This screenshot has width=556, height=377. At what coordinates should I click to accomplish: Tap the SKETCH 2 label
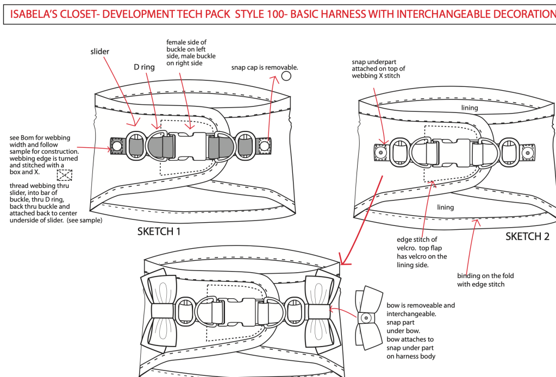pos(527,236)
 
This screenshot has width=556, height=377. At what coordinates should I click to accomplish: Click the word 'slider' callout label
pos(100,52)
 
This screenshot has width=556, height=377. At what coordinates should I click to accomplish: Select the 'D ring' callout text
pos(144,67)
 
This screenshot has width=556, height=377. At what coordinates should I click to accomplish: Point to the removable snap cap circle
pos(286,76)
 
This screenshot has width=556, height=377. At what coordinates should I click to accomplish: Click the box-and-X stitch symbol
pos(65,175)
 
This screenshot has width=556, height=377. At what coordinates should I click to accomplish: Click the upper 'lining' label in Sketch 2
pos(469,108)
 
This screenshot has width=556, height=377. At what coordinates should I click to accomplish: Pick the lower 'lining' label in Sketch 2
pos(446,207)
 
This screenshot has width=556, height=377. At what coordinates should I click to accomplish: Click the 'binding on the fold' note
pos(485,280)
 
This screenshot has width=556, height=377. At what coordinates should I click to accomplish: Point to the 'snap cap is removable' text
pos(265,67)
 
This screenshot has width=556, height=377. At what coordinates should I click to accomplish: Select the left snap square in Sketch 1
pos(116,146)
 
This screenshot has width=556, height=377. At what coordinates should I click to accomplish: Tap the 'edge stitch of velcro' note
pos(422,252)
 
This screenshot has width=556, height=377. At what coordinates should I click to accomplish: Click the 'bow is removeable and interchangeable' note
pos(421,330)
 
